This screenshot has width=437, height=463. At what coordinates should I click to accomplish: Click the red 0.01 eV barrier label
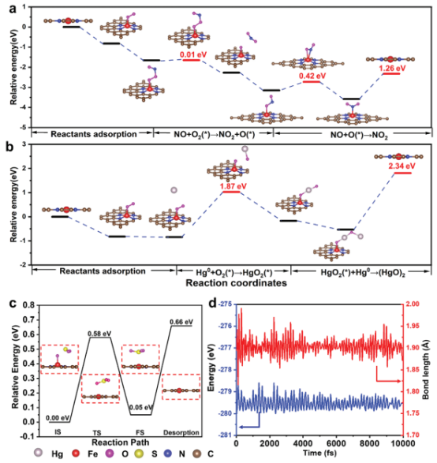(193, 54)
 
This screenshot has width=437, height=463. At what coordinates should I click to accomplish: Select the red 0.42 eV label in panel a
(312, 76)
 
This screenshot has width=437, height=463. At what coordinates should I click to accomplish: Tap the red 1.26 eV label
(392, 68)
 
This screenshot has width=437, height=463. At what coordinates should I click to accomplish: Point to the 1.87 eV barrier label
(233, 186)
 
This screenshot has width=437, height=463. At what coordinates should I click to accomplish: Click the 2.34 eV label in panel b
(402, 166)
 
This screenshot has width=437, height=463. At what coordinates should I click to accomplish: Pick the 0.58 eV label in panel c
(99, 334)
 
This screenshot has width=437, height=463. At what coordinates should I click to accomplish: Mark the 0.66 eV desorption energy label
(181, 322)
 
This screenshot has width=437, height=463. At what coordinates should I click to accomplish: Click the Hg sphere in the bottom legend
(39, 453)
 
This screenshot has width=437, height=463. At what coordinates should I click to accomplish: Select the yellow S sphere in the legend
(139, 454)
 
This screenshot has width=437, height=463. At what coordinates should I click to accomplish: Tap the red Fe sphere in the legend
(76, 454)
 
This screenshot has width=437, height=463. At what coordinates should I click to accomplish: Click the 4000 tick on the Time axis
(303, 443)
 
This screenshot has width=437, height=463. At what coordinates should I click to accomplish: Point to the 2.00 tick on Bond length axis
(413, 304)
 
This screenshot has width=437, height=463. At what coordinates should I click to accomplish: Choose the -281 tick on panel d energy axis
(226, 435)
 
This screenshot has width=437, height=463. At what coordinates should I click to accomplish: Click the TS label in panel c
(97, 433)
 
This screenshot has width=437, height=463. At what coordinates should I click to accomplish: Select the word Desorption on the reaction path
(181, 432)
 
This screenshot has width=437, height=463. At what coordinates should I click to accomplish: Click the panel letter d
(213, 303)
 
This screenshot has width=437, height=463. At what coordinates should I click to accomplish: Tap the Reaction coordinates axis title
(236, 283)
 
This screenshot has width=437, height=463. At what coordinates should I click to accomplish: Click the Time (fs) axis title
(319, 453)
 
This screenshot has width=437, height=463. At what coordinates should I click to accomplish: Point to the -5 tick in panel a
(23, 127)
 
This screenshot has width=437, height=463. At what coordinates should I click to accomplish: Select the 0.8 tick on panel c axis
(29, 305)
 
